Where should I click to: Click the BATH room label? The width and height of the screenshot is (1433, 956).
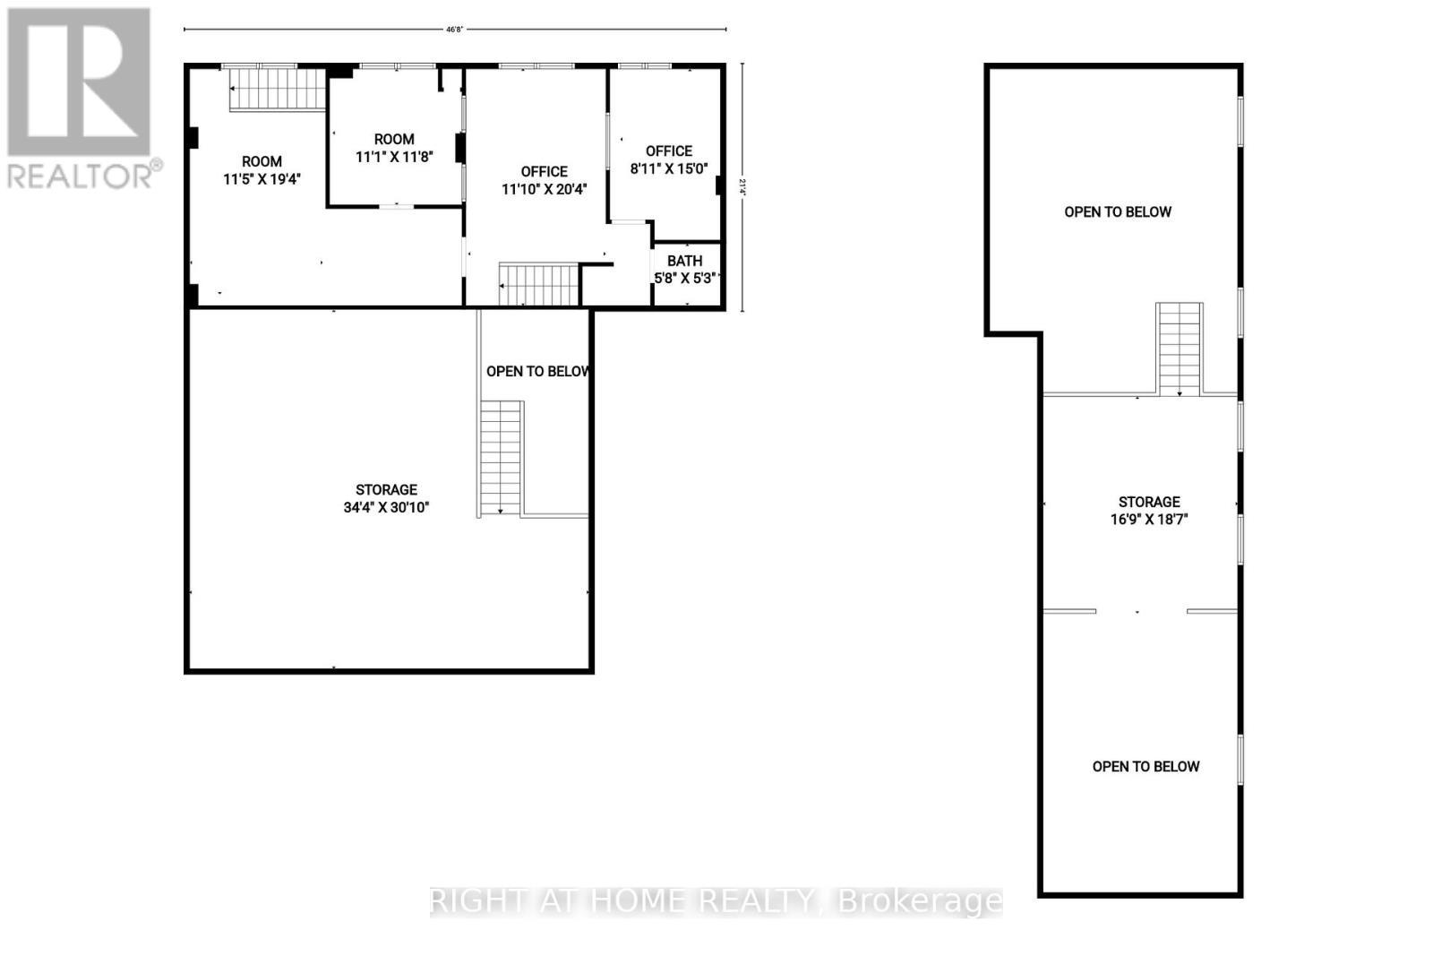tap(684, 261)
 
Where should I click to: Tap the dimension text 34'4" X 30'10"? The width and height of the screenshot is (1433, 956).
tap(386, 507)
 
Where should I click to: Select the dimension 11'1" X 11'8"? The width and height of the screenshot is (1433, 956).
tap(394, 156)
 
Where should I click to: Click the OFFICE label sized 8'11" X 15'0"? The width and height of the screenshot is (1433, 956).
tap(669, 151)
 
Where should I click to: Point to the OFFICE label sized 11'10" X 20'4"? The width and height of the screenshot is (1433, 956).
tap(545, 171)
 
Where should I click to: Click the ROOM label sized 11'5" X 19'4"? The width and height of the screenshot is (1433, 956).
tap(262, 161)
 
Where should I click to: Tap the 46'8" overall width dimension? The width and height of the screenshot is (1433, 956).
tap(455, 29)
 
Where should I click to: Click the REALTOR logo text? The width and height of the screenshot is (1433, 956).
tap(85, 175)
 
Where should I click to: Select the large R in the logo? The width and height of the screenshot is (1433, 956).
tap(79, 82)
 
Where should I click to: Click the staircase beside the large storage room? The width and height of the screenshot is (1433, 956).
tap(501, 457)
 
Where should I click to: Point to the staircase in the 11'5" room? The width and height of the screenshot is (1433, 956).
tap(278, 89)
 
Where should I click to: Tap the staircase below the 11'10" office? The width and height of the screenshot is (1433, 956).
tap(539, 284)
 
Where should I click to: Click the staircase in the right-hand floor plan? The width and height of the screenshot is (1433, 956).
tap(1179, 349)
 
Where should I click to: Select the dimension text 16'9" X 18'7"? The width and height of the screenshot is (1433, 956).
tap(1149, 519)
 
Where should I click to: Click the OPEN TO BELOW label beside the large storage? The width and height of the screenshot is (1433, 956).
tap(538, 371)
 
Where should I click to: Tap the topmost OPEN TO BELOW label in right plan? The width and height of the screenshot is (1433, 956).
tap(1118, 211)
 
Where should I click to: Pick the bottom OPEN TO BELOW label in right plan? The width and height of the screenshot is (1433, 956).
tap(1146, 766)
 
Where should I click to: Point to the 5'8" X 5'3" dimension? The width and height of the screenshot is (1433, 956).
tap(685, 278)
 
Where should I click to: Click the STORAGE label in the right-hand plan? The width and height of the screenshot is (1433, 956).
tap(1149, 502)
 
